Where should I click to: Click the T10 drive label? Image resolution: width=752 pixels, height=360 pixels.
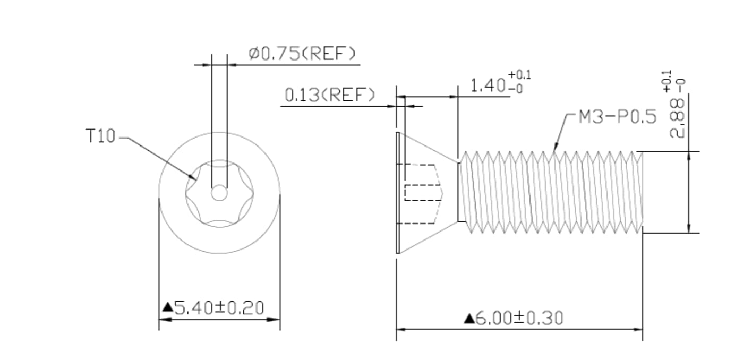pos(100,136)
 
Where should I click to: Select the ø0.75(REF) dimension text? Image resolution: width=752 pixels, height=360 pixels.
pos(302,54)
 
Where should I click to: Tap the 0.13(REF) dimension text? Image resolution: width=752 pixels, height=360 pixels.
pos(329,95)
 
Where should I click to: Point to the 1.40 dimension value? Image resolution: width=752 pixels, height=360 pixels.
pos(488,85)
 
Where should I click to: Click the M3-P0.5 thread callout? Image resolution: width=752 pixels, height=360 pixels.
pos(618,117)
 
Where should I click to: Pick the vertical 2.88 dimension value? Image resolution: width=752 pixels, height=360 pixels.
pos(677,118)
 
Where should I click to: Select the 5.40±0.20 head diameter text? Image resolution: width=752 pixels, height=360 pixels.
pos(219,308)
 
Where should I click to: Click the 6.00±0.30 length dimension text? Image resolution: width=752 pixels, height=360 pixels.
pos(519,318)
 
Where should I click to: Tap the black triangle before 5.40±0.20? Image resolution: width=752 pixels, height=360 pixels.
pos(167,307)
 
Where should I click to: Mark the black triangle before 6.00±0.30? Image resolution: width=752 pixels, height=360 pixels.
pos(469,318)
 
